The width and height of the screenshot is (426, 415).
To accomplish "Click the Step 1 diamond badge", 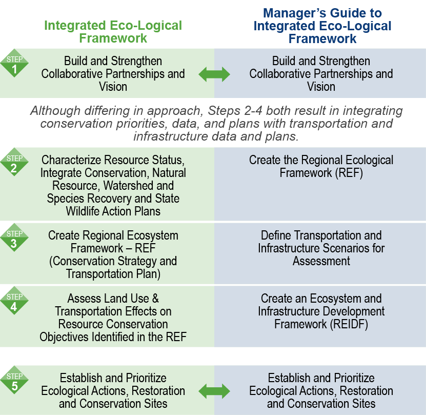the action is click(x=14, y=64).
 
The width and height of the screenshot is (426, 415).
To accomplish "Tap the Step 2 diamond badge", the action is click(x=14, y=162).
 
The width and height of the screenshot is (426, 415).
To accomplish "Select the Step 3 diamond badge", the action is click(x=14, y=238).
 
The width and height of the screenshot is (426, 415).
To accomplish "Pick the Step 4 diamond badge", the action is click(x=14, y=301).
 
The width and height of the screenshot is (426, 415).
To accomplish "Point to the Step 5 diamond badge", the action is click(x=14, y=380).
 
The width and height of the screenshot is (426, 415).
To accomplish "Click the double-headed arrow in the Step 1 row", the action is click(x=214, y=74).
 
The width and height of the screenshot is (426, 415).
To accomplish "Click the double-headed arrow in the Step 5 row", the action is click(x=214, y=391).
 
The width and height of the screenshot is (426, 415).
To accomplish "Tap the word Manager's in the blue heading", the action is click(x=294, y=13).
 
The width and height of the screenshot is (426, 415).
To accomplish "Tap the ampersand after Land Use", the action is click(x=155, y=299).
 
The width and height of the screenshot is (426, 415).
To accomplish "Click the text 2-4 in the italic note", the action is click(x=253, y=111).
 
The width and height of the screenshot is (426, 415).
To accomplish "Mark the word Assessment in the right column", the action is click(x=321, y=261).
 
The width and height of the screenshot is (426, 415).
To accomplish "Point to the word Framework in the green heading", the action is click(x=113, y=38).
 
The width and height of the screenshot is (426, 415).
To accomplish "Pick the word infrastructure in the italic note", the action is click(x=171, y=136).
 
